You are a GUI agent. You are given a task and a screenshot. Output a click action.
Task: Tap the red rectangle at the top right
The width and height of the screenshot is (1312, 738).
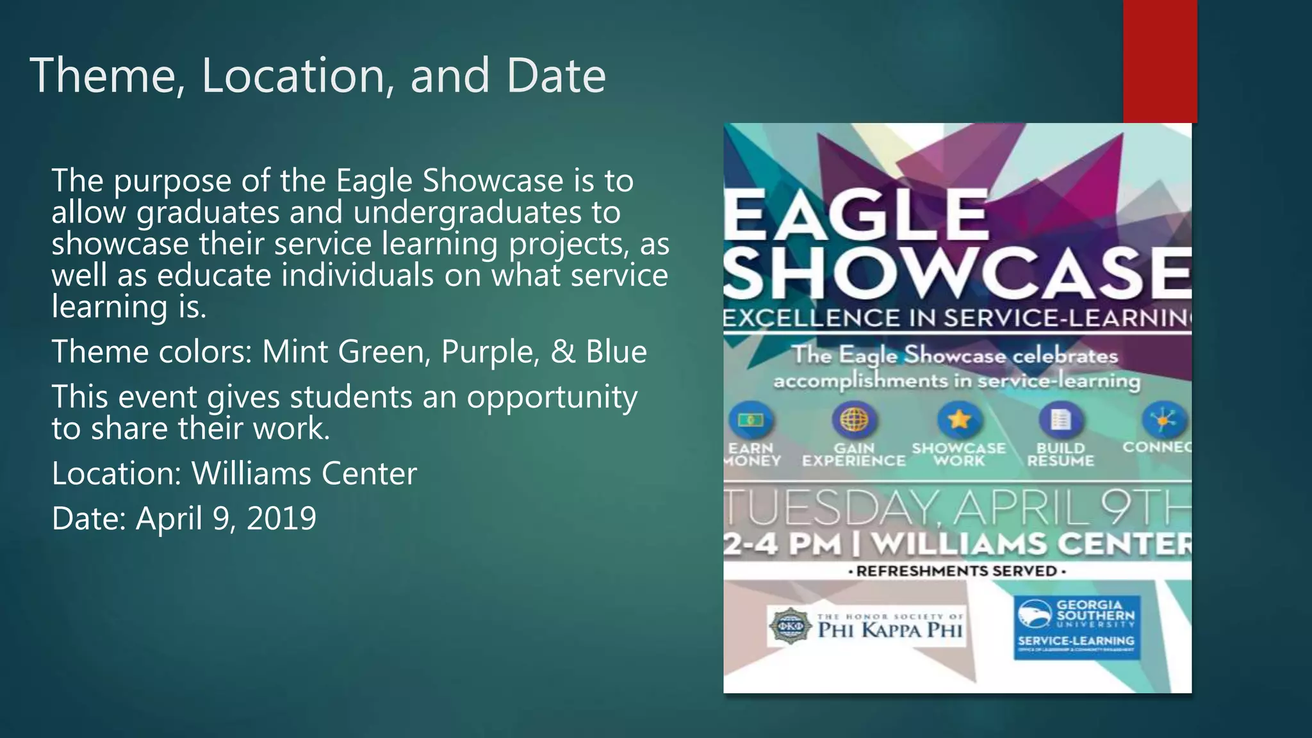[x=1160, y=61]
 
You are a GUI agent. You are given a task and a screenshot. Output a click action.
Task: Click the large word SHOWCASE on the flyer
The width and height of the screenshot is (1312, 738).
[x=958, y=274]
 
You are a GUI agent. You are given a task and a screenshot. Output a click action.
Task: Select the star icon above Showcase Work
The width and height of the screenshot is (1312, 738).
[x=959, y=420]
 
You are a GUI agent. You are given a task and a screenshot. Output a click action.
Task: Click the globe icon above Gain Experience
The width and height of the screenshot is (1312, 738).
[x=854, y=420]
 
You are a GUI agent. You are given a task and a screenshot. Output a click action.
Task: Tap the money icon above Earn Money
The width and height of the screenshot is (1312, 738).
[x=750, y=420]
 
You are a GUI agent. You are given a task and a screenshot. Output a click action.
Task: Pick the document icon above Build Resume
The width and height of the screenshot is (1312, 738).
[x=1060, y=420]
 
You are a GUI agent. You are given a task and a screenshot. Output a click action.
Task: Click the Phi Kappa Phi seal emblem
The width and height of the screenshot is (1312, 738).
[x=789, y=625]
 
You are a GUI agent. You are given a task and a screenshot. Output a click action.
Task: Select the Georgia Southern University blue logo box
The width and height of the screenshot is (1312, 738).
[x=1076, y=627]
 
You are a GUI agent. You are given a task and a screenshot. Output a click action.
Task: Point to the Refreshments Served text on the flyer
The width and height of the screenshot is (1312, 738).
[x=957, y=571]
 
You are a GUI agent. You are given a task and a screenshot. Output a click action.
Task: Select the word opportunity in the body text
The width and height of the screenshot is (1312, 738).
[x=552, y=397]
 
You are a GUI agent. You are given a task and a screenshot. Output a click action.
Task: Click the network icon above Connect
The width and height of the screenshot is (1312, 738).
[x=1164, y=420]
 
